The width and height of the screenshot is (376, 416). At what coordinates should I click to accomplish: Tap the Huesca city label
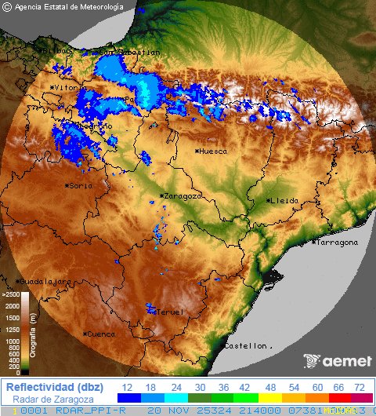[213, 151]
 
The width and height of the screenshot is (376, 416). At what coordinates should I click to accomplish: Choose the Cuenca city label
[101, 334]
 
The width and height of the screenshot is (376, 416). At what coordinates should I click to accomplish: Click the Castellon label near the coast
[248, 345]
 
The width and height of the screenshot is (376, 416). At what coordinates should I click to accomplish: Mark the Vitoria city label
[67, 88]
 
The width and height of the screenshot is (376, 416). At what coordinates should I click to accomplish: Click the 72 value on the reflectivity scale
[360, 388]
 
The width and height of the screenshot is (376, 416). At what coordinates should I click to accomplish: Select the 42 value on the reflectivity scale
[244, 388]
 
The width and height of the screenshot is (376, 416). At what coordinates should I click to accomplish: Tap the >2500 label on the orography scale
[10, 294]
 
